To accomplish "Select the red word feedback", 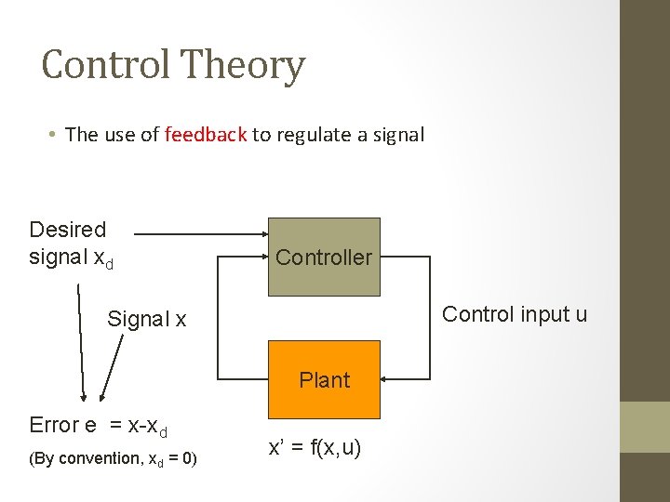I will [x=206, y=134].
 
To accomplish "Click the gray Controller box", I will [x=324, y=257].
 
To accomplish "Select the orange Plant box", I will [x=324, y=379].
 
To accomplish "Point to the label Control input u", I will [x=515, y=314].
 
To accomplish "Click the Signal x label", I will [x=146, y=320].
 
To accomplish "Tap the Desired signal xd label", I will [x=71, y=243].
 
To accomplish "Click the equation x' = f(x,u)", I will [x=315, y=448].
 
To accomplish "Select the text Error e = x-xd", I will [x=98, y=426].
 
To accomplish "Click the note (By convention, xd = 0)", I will [x=113, y=458].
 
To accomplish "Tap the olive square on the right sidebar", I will [x=645, y=427].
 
